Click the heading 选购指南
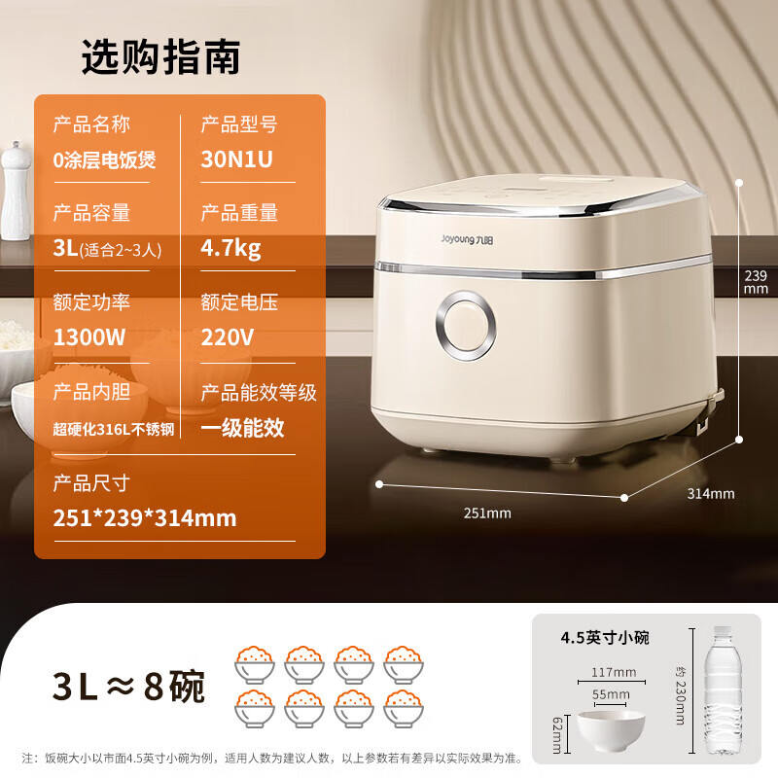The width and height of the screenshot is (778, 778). tap(160, 58)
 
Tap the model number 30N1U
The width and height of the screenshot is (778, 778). tap(236, 160)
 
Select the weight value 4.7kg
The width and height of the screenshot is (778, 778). tap(230, 248)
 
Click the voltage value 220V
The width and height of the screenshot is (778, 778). tap(227, 337)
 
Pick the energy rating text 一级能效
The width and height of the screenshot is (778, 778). tap(242, 427)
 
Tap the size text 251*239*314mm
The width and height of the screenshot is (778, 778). tap(145, 517)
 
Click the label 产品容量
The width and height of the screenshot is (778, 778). tap(91, 212)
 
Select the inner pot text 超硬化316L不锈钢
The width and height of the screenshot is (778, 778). tap(114, 428)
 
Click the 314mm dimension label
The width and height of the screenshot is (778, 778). tap(711, 493)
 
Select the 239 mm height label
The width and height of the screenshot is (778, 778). tap(756, 281)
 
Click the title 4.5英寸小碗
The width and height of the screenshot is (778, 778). tap(604, 638)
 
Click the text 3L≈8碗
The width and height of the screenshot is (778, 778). tap(128, 686)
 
